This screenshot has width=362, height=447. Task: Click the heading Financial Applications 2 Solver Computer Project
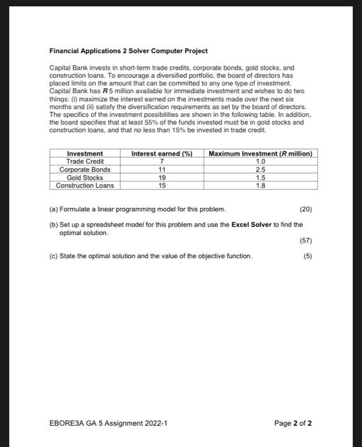[x=128, y=50]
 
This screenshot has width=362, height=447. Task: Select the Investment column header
[x=85, y=154]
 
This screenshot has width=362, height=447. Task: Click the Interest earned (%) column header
[x=162, y=154]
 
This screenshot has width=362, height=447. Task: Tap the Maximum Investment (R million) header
[x=260, y=154]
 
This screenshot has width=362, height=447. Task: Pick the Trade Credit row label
[x=85, y=162]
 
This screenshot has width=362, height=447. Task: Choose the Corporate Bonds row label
[x=85, y=169]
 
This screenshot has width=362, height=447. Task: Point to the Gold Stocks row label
[x=85, y=178]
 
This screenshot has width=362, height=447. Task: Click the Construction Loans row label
[x=85, y=185]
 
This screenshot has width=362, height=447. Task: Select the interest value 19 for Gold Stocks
[x=162, y=178]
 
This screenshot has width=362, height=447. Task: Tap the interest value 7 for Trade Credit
[x=162, y=162]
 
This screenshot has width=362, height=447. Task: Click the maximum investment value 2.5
[x=260, y=169]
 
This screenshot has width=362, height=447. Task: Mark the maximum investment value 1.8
[x=260, y=185]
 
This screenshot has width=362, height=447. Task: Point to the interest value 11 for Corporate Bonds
[x=162, y=169]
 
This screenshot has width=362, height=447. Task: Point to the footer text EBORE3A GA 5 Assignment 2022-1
[x=108, y=423]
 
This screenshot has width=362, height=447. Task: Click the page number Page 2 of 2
[x=292, y=423]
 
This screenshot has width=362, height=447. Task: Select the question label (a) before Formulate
[x=54, y=209]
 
